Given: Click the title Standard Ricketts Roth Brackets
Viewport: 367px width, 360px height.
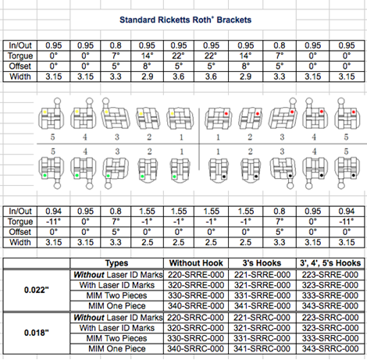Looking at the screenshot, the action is coord(185,20).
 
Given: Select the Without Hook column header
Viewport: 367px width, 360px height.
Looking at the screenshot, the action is coord(196,263).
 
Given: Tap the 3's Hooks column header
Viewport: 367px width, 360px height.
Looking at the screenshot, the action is coord(262,263).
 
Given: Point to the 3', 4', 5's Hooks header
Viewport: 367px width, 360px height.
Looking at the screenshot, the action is coord(330,263).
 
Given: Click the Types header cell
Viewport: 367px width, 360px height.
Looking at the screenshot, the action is coord(116,263).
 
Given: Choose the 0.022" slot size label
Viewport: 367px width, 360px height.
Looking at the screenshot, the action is coord(37,290).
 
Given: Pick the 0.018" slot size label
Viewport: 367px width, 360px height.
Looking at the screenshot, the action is coord(37,333).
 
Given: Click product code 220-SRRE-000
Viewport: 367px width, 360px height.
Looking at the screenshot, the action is coord(196,275).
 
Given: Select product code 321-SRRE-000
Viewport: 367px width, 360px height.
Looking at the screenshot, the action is coord(262,285).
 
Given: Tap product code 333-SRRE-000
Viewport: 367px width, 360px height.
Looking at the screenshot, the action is coord(330,295).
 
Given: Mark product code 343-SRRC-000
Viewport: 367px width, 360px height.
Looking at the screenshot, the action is coord(330,348).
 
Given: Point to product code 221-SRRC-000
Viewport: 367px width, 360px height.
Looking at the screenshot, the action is coord(262,318).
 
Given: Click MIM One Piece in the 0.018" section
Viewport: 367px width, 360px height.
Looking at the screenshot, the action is coord(117,348).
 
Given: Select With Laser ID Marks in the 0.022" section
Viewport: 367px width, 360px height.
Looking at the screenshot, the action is coord(117,285).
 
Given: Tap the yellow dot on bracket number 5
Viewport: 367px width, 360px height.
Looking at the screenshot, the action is coord(45,112).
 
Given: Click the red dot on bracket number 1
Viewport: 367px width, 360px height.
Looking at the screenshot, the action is coord(226,113).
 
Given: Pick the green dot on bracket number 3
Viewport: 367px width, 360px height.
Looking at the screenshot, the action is coord(108,176).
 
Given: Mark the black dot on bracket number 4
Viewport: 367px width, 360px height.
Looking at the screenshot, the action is coord(322,176).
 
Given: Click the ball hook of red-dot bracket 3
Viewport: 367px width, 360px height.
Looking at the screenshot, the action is coord(293,101).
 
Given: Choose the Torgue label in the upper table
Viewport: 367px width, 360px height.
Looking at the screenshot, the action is coord(20,55).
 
